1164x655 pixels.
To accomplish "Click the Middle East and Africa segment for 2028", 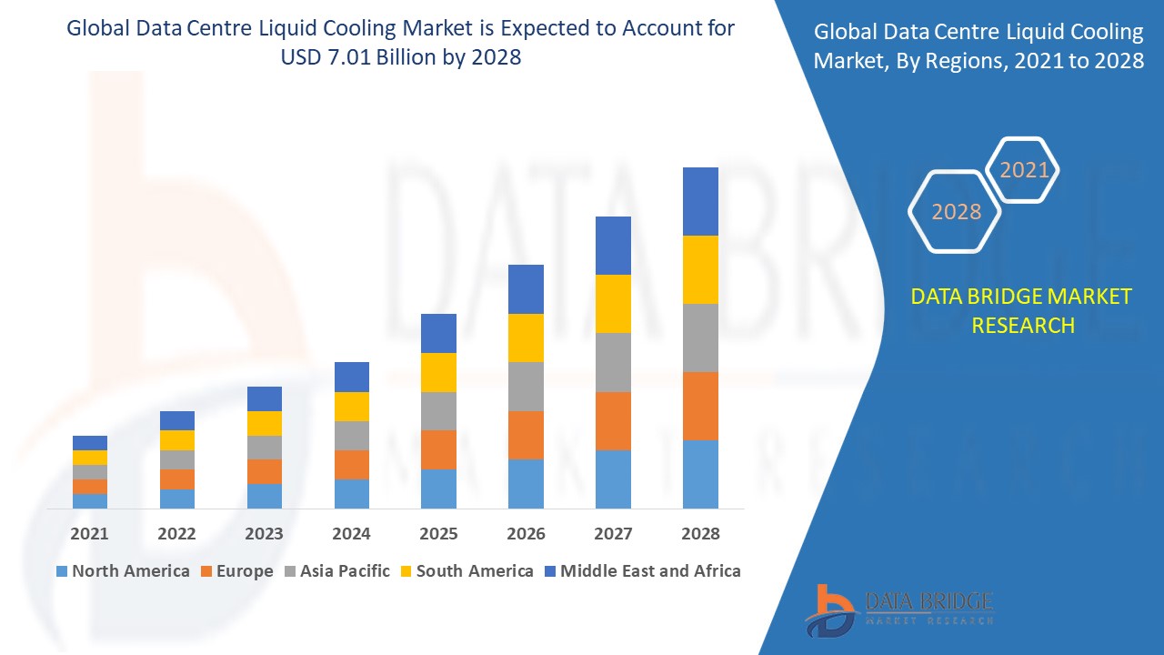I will (x=700, y=201).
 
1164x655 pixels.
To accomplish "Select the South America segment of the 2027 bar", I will (x=613, y=304).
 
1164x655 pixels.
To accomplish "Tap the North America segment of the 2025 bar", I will (x=438, y=489).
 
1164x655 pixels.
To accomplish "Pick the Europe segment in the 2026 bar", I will (x=526, y=435).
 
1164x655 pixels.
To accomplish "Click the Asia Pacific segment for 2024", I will (x=351, y=436).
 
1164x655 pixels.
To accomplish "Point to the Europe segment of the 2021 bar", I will (x=90, y=487).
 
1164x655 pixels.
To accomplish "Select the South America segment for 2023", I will (x=265, y=423).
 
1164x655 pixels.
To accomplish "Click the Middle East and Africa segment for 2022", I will (x=177, y=420).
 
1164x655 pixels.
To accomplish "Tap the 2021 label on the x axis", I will (x=90, y=534).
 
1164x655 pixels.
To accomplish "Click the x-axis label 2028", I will (x=700, y=534).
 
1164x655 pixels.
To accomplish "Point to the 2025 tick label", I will (x=438, y=534).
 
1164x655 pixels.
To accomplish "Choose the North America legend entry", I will (x=123, y=571).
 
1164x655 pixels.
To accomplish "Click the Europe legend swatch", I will (x=206, y=571).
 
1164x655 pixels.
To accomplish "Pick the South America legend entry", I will (x=467, y=571).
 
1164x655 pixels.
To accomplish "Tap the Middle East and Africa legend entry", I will (x=641, y=571).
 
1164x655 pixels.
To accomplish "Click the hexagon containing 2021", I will (x=1024, y=170).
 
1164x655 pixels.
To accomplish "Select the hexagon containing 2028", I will (x=956, y=211).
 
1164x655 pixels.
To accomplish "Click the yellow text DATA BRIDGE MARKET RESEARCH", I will (x=1022, y=310).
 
